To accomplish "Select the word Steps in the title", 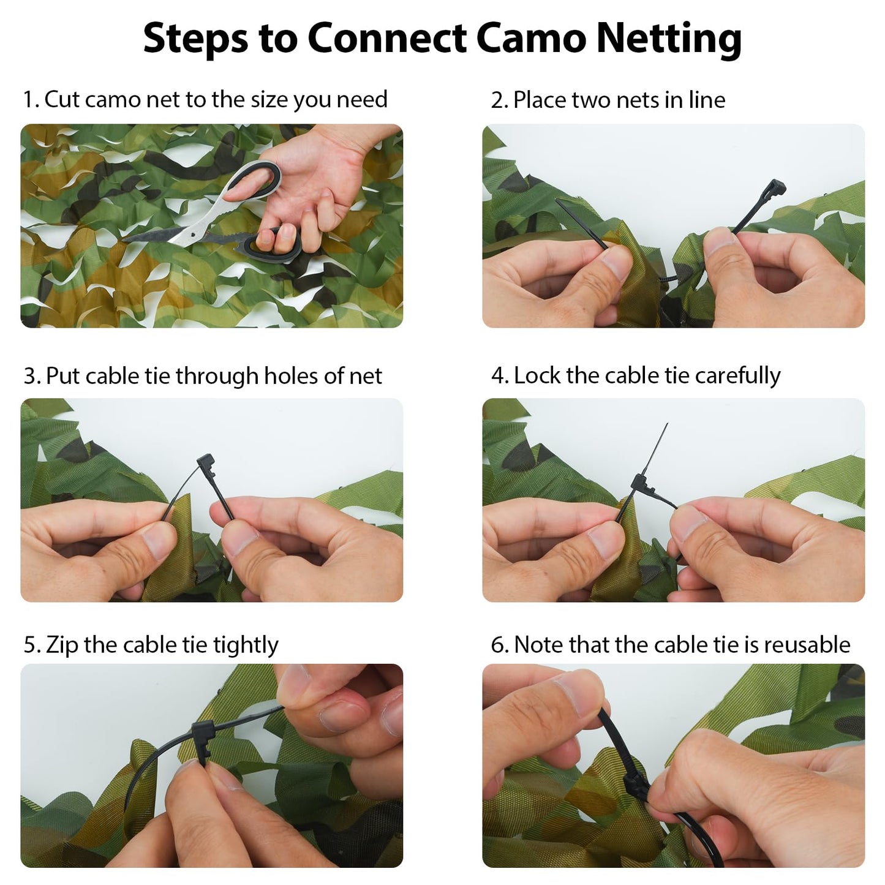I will [195, 39].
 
